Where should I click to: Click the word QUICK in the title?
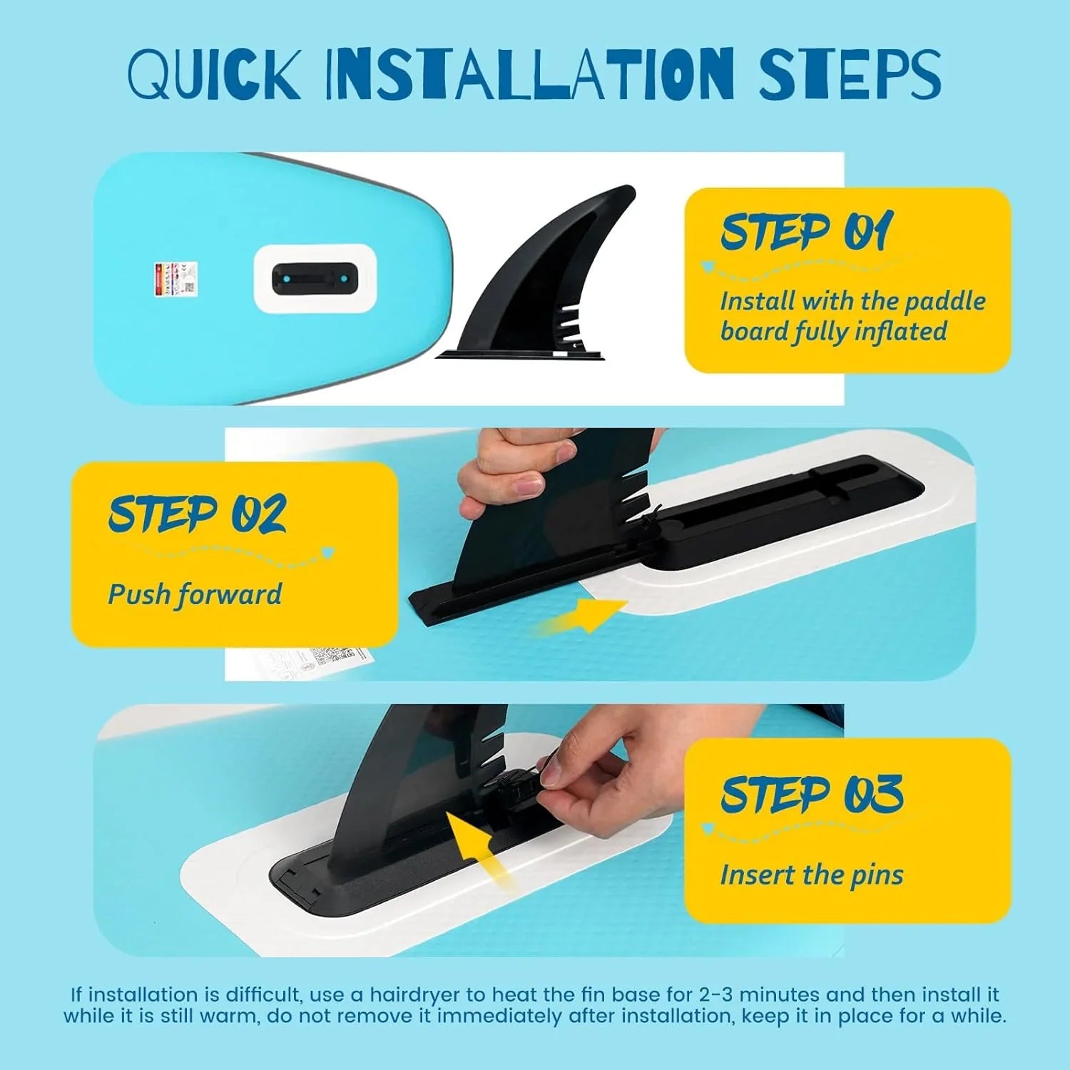214,74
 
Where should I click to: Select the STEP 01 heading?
807,231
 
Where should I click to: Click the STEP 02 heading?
198,514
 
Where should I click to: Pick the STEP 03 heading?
812,794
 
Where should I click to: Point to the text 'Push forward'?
195,594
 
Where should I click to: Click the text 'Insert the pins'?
812,875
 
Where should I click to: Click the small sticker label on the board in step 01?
175,278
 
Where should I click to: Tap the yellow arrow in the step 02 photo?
581,616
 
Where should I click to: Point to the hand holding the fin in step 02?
514,471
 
